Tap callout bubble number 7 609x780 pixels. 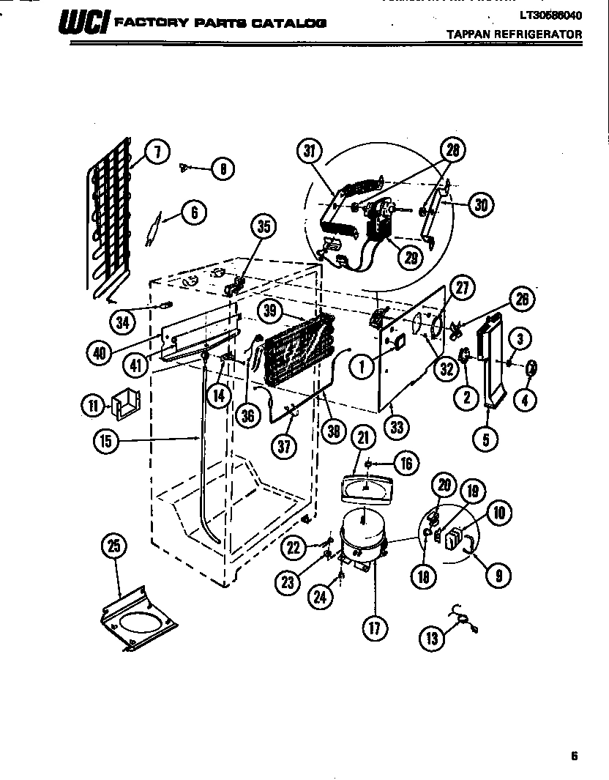pos(156,152)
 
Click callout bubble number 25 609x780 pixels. pos(116,546)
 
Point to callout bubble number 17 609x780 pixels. pos(374,628)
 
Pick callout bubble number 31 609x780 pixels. pos(310,152)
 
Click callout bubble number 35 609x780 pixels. pos(264,227)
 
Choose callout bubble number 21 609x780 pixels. pos(363,438)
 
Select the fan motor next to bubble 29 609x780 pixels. pos(379,220)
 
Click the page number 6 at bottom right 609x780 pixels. pos(575,757)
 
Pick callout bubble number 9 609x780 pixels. pos(499,575)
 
